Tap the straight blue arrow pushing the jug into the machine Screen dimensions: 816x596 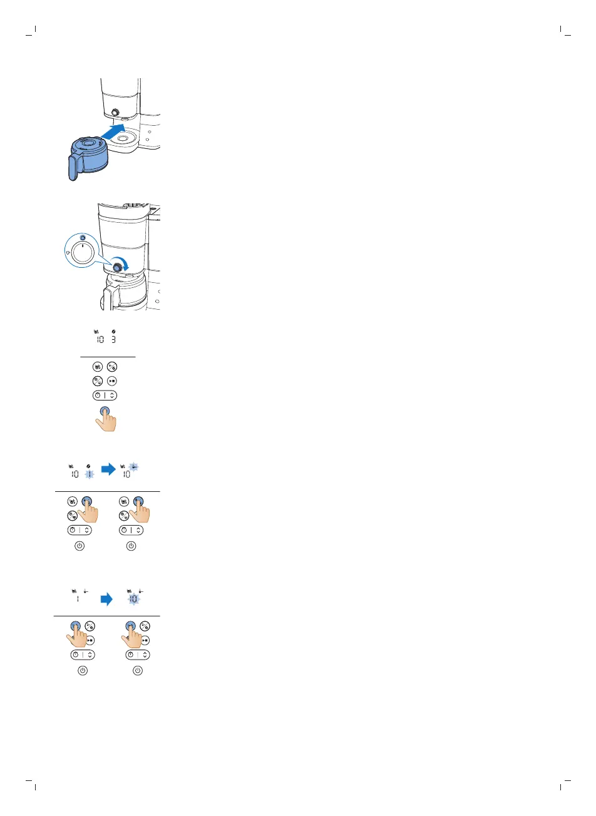click(113, 131)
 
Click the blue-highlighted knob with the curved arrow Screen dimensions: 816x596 click(116, 267)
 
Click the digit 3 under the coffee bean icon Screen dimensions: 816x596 click(113, 340)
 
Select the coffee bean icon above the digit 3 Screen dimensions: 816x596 click(113, 332)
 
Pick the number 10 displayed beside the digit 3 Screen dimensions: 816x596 click(100, 340)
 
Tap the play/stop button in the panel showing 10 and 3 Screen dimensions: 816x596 click(112, 380)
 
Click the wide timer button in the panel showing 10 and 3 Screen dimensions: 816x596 click(105, 395)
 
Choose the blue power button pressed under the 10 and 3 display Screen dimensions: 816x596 click(105, 412)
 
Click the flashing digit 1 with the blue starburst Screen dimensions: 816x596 click(90, 474)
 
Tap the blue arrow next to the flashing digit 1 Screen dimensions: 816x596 click(108, 469)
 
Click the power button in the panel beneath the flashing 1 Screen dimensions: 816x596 click(80, 546)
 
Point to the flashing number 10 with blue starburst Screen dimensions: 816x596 click(133, 599)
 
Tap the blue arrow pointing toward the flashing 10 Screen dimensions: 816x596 click(106, 599)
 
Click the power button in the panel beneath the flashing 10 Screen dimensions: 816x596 click(138, 670)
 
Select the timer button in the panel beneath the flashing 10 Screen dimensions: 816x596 click(138, 655)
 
